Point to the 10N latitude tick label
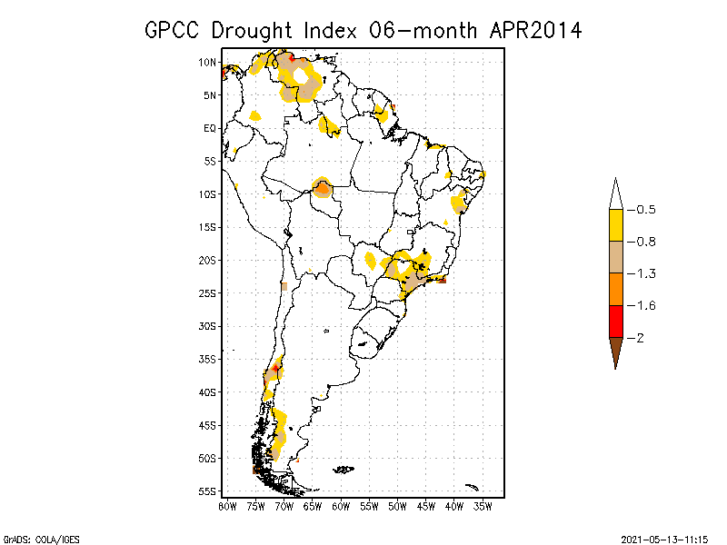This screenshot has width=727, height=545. [x=208, y=63]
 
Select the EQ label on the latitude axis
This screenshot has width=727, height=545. [x=210, y=128]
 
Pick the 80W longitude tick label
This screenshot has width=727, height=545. [x=227, y=505]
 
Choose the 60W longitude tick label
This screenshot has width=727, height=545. [x=341, y=505]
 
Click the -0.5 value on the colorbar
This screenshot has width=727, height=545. [x=644, y=210]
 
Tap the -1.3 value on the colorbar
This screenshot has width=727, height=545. [x=644, y=273]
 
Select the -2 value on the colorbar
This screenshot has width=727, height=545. [x=640, y=338]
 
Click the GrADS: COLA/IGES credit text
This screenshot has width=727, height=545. [x=41, y=539]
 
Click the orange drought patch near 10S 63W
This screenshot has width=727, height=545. [x=322, y=188]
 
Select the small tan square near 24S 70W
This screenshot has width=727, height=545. [x=284, y=287]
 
